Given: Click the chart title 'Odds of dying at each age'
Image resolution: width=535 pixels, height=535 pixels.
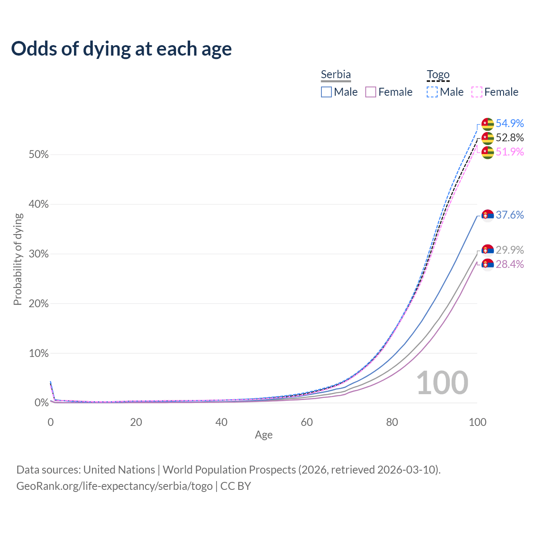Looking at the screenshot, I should click(x=121, y=49).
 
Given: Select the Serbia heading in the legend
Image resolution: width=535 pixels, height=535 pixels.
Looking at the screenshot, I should click(x=336, y=75).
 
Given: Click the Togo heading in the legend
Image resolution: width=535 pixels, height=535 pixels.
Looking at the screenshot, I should click(x=438, y=75).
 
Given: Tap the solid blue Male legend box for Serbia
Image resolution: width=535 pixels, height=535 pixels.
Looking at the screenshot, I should click(x=326, y=92).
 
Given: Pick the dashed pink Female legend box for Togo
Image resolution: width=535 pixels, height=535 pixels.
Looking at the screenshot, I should click(x=477, y=92).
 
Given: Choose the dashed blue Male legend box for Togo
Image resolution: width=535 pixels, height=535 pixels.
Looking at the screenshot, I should click(x=432, y=92).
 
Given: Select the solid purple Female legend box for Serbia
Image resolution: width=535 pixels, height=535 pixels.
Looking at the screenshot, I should click(x=371, y=92).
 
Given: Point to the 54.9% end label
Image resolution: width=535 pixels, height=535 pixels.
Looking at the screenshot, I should click(x=510, y=123).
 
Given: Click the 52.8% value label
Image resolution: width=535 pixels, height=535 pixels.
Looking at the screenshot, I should click(x=510, y=138).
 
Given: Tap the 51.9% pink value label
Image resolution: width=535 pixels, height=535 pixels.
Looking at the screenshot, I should click(x=510, y=152).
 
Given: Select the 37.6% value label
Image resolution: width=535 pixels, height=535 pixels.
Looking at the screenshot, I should click(x=510, y=215).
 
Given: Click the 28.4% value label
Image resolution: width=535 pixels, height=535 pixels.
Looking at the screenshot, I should click(x=510, y=264).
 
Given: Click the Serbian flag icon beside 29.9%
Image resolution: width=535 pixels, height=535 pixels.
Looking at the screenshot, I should click(x=487, y=250).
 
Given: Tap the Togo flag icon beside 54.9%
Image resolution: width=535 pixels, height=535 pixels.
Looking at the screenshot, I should click(x=487, y=124).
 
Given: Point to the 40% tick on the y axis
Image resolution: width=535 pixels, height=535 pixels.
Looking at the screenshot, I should click(x=38, y=204).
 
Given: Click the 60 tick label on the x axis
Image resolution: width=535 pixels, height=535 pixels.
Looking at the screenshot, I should click(x=307, y=422).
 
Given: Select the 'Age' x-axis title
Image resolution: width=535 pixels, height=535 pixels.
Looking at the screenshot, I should click(x=264, y=435).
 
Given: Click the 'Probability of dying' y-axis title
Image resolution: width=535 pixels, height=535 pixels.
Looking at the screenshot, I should click(x=18, y=259).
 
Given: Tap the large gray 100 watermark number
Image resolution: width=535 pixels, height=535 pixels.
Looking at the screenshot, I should click(x=442, y=382).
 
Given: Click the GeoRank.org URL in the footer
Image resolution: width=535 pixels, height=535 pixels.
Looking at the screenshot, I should click(x=115, y=486).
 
